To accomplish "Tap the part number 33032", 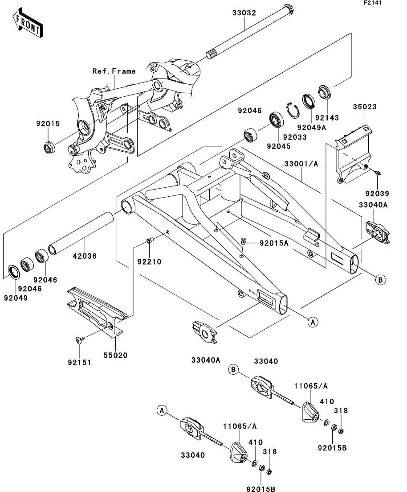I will coord(244,13).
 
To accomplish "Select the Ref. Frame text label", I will coord(114,71).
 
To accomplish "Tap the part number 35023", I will coord(365,107).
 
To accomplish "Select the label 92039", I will coord(377,194).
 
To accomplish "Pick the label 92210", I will coord(149,261).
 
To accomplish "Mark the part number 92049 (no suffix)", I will coord(16,298).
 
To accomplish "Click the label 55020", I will coord(116,356).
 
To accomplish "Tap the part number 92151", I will coord(80,362).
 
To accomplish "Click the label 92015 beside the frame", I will coord(48,124).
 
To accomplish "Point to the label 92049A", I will coord(312,127).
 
